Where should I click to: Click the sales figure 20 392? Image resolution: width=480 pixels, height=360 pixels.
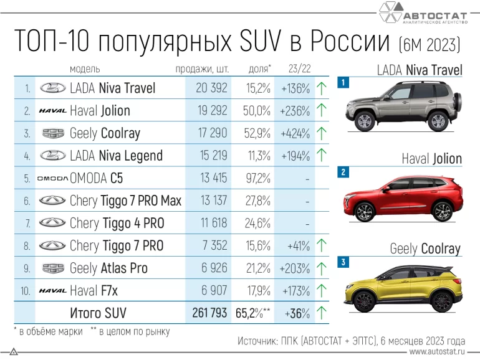coord(211,88)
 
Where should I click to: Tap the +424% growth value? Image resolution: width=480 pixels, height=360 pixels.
coord(295,133)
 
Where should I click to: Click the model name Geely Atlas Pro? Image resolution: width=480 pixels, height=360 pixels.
coord(108,268)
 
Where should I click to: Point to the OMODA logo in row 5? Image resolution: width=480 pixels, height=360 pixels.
coord(52,179)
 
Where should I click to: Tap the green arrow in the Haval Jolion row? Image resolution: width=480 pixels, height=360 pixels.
coord(322,111)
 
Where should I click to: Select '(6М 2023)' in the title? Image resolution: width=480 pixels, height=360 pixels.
coord(430,44)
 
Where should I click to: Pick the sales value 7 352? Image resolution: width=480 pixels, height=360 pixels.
coord(213,246)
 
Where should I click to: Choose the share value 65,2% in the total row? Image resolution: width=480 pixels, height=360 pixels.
coord(253,313)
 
